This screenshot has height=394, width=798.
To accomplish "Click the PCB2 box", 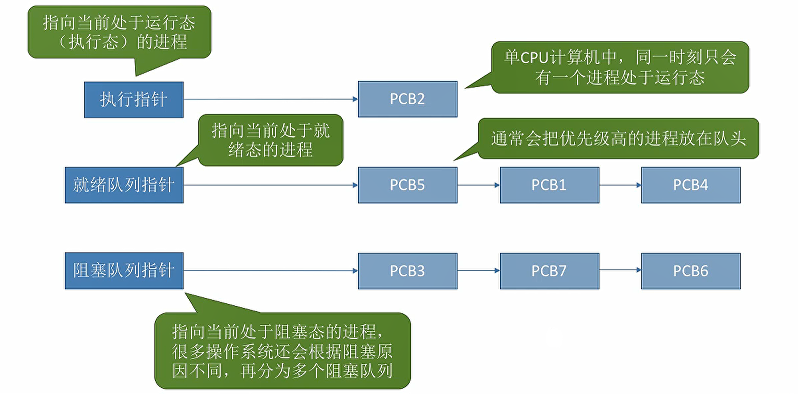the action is coord(408,99).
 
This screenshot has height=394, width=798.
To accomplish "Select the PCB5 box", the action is coord(408,185).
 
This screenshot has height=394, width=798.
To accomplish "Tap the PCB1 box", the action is coord(549,185).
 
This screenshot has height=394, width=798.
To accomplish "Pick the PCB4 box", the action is coord(691,185).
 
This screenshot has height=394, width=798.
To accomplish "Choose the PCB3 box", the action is coord(408,271).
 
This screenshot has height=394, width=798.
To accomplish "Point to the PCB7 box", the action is coord(549,271).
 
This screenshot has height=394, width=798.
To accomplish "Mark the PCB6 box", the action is coord(691,271).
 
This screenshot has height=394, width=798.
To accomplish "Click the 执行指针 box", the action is coord(134,100).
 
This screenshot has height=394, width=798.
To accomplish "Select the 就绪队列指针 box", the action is coord(124,185).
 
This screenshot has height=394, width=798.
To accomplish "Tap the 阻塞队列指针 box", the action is coord(124,271).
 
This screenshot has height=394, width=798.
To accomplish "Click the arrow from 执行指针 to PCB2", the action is coord(271,99).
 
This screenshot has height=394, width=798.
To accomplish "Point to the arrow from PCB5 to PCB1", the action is coord(479,185).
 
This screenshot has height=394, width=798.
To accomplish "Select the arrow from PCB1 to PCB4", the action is coord(620,185).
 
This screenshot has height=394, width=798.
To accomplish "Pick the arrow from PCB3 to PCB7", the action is coord(479,270).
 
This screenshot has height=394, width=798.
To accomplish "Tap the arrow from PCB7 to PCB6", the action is coord(620,270).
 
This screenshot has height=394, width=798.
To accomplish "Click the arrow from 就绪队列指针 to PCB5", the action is coord(271,185).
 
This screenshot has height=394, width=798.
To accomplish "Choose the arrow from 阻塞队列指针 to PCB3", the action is coord(271,271).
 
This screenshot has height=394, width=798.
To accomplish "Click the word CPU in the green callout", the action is coord(534,58).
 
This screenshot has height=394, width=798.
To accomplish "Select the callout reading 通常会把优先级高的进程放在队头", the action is coord(618,139).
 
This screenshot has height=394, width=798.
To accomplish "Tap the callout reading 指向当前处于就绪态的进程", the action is coord(270,140).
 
